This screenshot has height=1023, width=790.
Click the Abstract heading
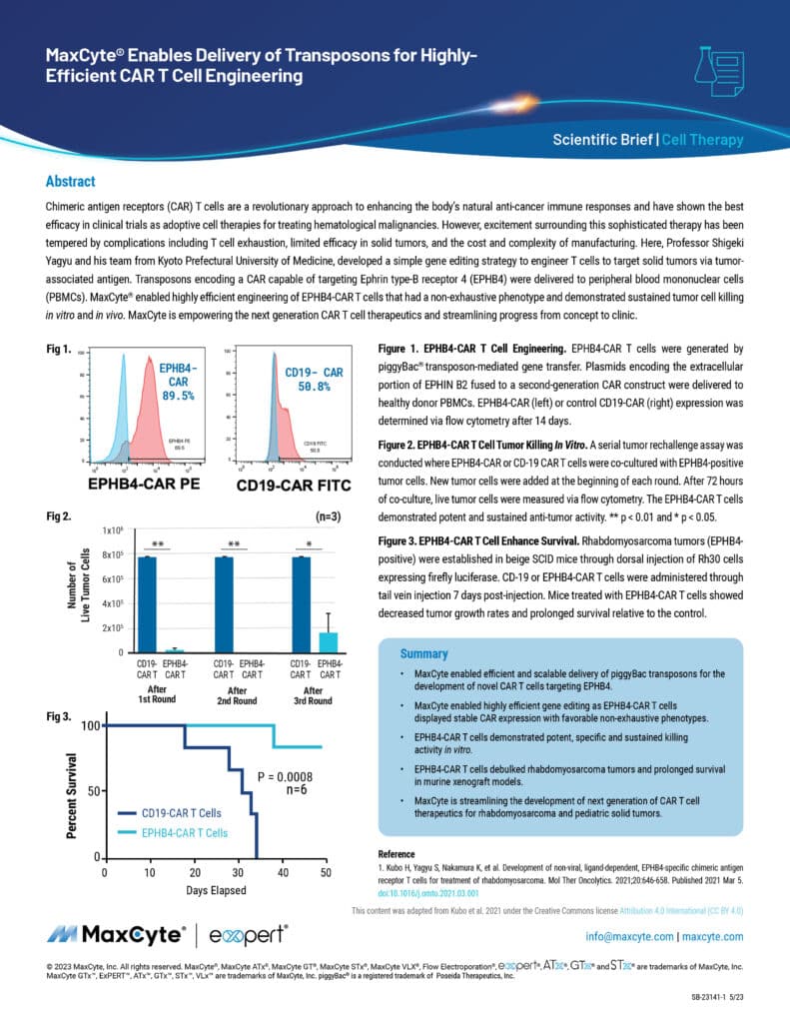tap(70, 182)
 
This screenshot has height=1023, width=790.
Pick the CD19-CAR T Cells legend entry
tap(180, 813)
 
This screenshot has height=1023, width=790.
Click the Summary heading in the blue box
tap(423, 653)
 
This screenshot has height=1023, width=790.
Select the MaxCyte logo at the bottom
tap(115, 936)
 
